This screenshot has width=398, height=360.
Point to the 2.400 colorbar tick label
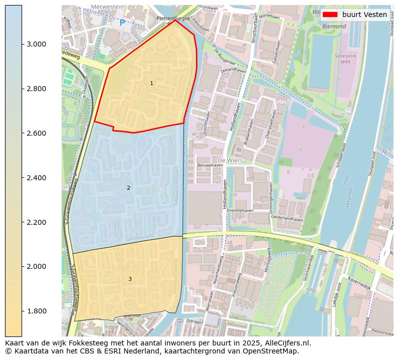click(x=36, y=178)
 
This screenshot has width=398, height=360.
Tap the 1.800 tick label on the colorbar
click(x=36, y=311)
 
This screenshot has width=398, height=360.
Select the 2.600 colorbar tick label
click(x=36, y=133)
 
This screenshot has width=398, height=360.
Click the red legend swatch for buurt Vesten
click(x=330, y=15)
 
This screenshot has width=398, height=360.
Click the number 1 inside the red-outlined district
click(x=151, y=83)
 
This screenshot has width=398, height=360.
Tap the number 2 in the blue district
click(x=128, y=188)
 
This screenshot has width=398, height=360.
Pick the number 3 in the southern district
click(x=130, y=279)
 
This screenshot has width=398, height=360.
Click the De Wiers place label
click(x=230, y=160)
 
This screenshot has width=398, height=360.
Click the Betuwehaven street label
click(x=210, y=165)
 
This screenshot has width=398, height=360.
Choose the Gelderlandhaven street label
click(x=287, y=219)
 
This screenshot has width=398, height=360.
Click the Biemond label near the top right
click(x=334, y=26)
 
